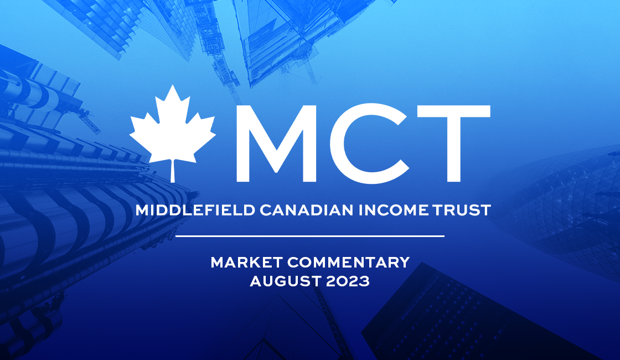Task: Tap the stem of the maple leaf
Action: [172, 171]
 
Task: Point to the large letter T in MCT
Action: [454, 143]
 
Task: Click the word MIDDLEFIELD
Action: [195, 210]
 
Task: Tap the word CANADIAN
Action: [307, 210]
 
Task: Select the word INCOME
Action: [394, 210]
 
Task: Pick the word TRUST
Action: [462, 210]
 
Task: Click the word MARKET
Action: [246, 263]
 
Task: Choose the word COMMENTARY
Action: [348, 263]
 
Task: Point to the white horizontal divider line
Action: [309, 236]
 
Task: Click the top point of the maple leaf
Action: [172, 85]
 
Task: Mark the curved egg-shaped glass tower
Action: [561, 198]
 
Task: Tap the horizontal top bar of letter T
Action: [454, 111]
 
